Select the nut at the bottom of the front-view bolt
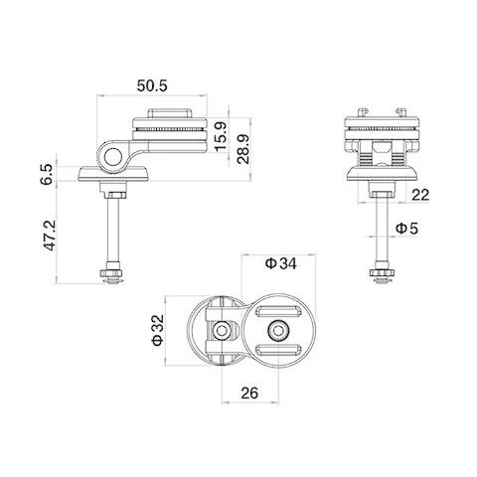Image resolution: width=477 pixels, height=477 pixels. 379,271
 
